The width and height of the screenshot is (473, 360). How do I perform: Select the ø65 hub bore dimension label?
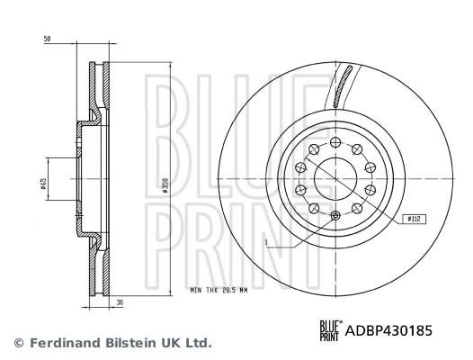click(x=42, y=184)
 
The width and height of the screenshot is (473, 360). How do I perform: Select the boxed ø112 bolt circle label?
click(x=414, y=219)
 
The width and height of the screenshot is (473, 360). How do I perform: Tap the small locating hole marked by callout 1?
click(x=335, y=216)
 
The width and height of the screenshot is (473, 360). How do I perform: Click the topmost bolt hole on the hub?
click(x=335, y=142)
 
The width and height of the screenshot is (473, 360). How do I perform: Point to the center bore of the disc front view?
click(x=335, y=179)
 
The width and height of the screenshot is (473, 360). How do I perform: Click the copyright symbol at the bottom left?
click(x=17, y=343)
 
